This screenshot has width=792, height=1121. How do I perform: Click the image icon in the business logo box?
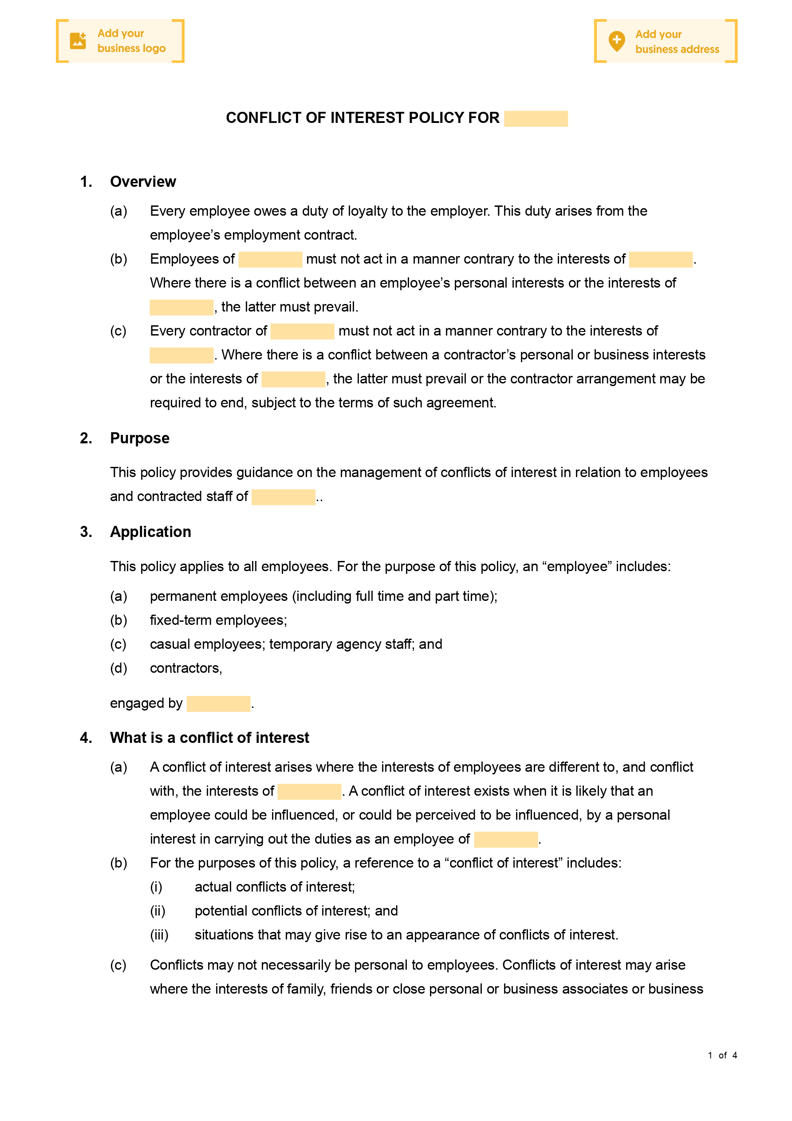[x=78, y=41]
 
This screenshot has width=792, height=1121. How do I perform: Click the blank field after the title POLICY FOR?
[x=536, y=118]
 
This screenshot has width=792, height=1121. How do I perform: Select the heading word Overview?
[x=143, y=182]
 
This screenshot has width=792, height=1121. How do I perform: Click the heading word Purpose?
[x=140, y=438]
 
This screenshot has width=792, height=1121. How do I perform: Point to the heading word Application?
[x=150, y=532]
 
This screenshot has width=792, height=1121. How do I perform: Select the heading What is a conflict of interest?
[x=209, y=737]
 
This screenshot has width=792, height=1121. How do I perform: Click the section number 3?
[x=86, y=532]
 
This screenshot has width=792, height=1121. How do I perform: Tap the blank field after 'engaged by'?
[x=218, y=703]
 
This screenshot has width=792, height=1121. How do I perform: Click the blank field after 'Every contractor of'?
[x=302, y=331]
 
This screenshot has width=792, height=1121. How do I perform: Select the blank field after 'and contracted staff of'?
[x=283, y=497]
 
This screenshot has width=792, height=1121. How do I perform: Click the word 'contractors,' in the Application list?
[x=185, y=668]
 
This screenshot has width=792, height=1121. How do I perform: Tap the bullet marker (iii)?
[x=159, y=935]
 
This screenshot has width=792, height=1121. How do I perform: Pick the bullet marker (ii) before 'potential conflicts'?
[x=157, y=911]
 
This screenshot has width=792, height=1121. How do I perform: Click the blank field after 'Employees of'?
[x=270, y=259]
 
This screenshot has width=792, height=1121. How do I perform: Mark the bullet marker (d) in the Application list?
[x=118, y=668]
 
